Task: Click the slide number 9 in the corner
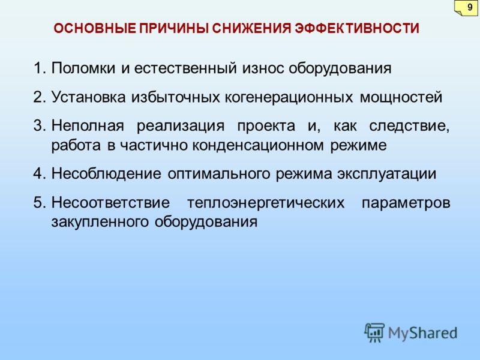470,7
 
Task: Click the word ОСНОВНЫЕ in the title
95,28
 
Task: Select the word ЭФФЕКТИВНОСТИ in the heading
357,28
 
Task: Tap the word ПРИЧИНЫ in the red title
174,28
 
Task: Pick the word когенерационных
289,97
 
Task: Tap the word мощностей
401,98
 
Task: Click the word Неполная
88,125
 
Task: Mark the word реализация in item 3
181,126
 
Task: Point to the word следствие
409,126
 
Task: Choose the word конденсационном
257,145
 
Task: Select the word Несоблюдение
106,174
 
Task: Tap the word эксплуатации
386,174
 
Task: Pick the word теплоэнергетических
266,203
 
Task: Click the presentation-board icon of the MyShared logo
374,332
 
